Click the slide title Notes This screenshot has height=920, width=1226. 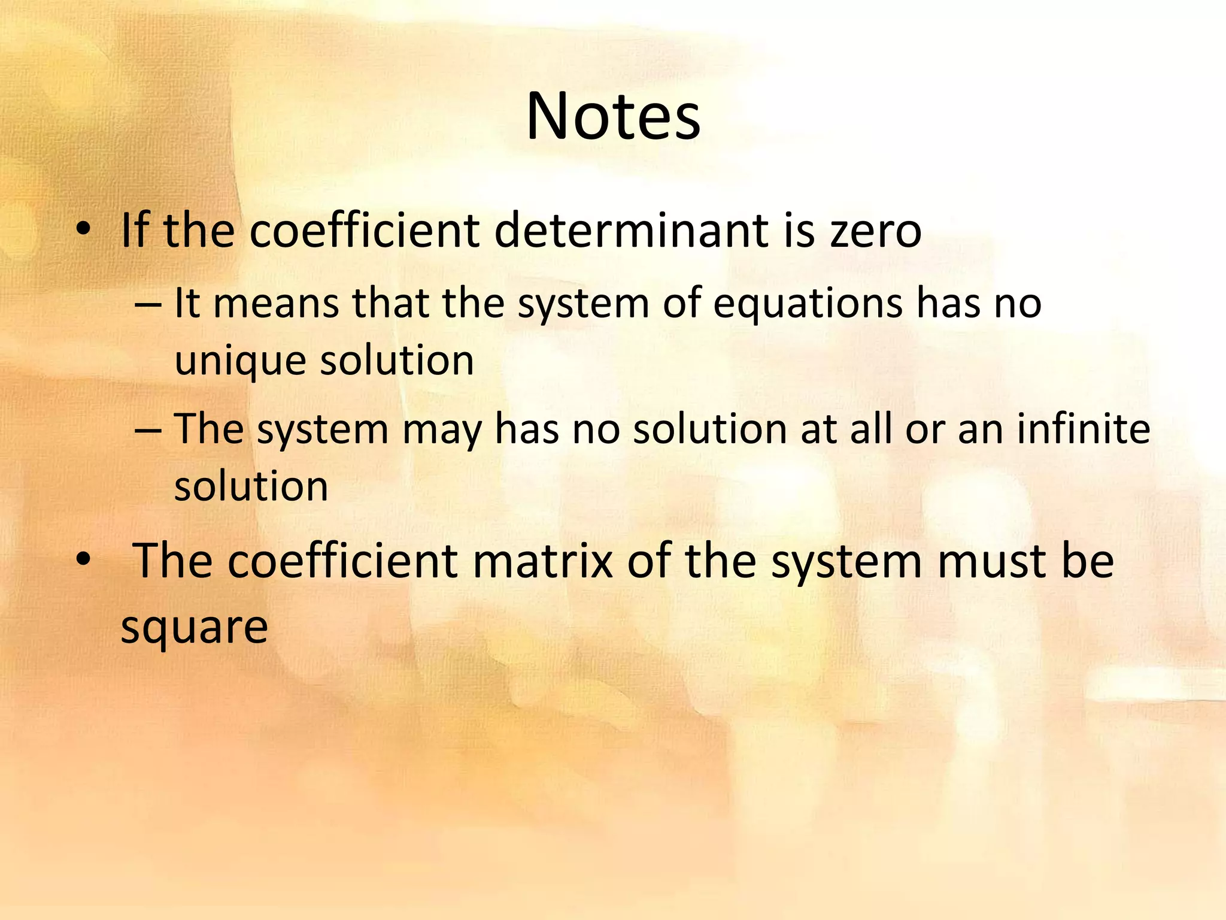point(613,117)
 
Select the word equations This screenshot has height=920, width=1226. point(808,304)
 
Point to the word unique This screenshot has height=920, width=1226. point(240,361)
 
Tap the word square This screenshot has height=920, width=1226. point(194,628)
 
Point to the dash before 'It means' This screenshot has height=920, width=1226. point(148,304)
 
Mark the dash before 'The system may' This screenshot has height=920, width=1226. point(148,429)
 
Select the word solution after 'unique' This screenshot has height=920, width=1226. point(397,361)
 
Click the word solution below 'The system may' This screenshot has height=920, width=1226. point(251,486)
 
